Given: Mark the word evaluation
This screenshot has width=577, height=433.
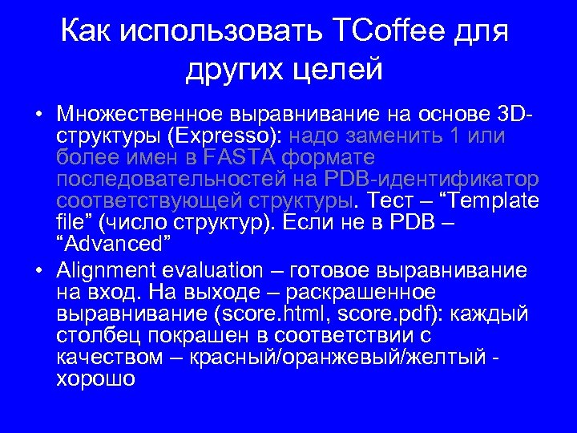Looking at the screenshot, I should (x=212, y=270).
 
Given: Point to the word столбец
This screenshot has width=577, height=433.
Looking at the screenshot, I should (x=100, y=334).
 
